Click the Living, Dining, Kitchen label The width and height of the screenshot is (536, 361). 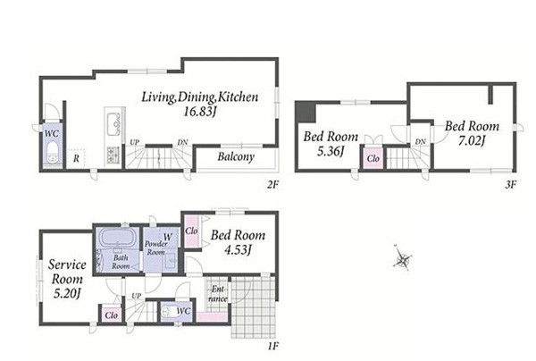(x=200, y=97)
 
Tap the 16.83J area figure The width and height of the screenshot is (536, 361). (x=200, y=112)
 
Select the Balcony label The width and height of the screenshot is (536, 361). (x=236, y=156)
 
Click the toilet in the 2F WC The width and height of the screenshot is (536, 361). (x=53, y=151)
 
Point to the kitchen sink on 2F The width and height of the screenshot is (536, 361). (x=113, y=124)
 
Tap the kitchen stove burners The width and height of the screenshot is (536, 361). (x=113, y=154)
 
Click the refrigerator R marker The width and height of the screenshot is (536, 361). (x=76, y=158)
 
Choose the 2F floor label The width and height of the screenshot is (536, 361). (x=272, y=185)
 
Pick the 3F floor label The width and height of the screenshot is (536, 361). (x=510, y=185)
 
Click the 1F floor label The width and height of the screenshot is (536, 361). (x=272, y=347)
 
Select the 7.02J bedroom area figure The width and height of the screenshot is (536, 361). (x=472, y=140)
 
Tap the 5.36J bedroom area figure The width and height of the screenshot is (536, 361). (x=331, y=151)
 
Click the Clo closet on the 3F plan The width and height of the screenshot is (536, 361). (x=373, y=158)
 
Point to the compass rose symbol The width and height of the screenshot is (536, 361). (x=402, y=259)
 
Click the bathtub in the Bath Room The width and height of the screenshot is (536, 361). (x=118, y=238)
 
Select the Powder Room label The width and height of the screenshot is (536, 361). (x=155, y=248)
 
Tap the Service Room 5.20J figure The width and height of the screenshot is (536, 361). (x=67, y=294)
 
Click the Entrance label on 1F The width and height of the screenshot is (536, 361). (x=218, y=294)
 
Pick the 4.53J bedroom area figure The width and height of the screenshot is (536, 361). (x=238, y=250)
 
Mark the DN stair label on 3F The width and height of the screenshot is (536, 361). (x=421, y=141)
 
